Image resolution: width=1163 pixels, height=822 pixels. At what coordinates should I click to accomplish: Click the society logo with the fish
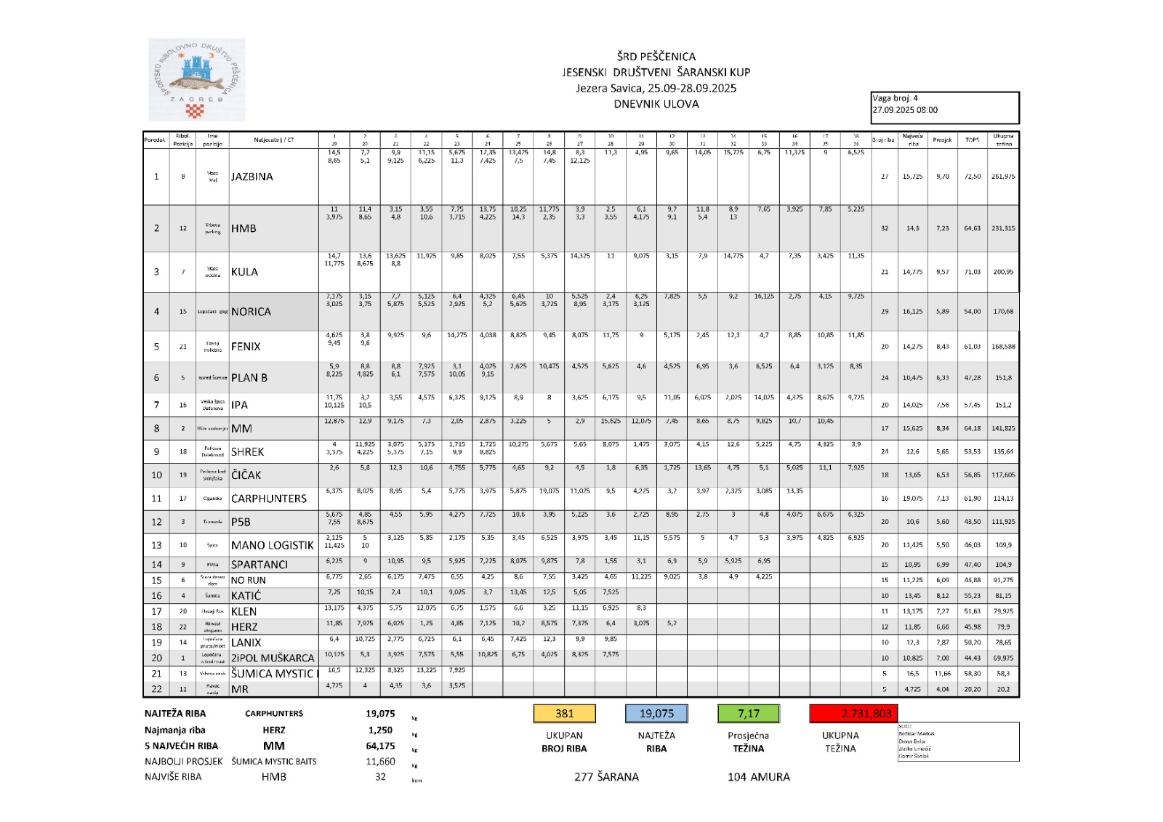coord(196,79)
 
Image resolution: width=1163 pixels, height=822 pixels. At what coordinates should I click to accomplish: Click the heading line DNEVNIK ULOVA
coord(656,104)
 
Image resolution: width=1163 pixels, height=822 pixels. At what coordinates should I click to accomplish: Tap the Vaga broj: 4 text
coord(896,98)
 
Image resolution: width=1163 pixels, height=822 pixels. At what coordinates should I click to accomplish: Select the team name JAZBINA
coord(252,177)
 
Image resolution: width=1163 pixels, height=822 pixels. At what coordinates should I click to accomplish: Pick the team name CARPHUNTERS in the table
coord(269,499)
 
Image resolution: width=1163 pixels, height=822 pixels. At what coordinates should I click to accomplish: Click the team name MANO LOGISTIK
coord(273,545)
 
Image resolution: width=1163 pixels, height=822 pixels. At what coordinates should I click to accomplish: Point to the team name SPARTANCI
coord(259,565)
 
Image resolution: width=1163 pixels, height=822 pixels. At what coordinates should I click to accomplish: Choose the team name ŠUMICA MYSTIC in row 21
coord(273,674)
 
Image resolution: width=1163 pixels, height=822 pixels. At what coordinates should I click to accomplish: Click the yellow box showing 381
coord(565,714)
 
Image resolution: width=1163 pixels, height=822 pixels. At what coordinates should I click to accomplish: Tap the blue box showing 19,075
coord(656,714)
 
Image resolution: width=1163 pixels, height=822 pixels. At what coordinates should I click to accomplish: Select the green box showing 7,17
coord(748,714)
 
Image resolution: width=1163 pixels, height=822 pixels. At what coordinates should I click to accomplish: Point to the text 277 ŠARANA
coord(606,777)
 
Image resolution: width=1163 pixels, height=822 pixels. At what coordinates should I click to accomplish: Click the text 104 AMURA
coord(758,777)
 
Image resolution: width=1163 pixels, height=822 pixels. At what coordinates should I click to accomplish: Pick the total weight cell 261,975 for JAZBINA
coord(1003,177)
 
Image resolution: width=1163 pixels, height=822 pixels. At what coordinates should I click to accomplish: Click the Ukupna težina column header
coord(1003,140)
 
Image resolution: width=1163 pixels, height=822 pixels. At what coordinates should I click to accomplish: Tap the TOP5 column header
coord(972,140)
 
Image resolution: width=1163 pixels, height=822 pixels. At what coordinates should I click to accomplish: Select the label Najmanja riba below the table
coord(175,730)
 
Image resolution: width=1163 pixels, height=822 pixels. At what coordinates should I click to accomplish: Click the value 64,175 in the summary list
coord(380,746)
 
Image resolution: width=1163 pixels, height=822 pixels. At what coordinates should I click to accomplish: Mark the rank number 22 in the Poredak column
coord(156,689)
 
